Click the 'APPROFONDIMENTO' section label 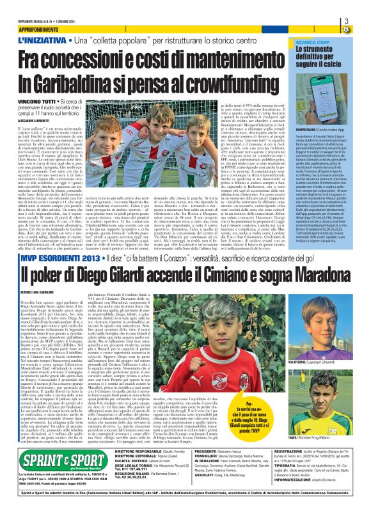[45, 29]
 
